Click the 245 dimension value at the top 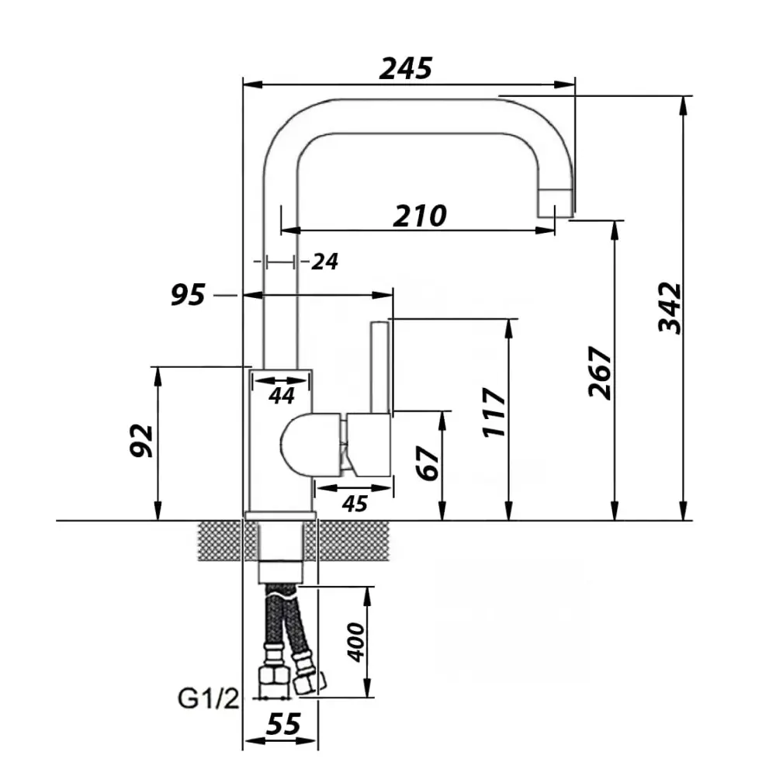(x=405, y=68)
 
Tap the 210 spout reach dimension (x=420, y=216)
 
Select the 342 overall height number (x=670, y=308)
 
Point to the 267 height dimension (x=601, y=372)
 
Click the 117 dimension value (x=495, y=412)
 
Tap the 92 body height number (x=141, y=441)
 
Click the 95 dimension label (x=188, y=295)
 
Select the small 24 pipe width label (x=324, y=262)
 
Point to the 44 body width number (x=282, y=396)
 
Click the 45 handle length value (x=355, y=504)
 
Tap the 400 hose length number (x=356, y=642)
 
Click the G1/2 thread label (x=208, y=699)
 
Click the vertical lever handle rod (x=380, y=367)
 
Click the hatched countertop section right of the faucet (x=353, y=541)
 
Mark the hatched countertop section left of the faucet (x=220, y=541)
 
